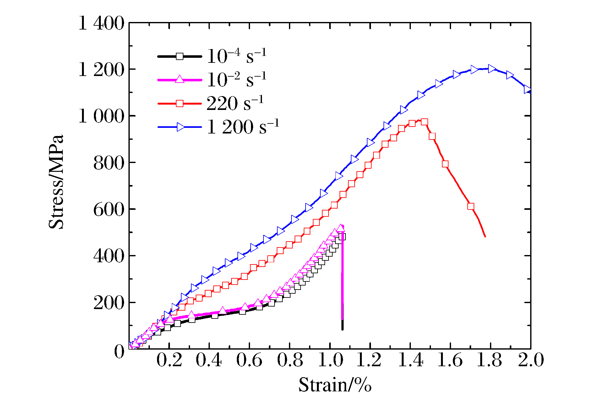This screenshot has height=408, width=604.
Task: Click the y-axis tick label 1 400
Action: click(x=101, y=23)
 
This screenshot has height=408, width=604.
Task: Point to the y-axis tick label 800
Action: click(x=109, y=163)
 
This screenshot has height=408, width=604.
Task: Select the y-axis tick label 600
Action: click(x=109, y=209)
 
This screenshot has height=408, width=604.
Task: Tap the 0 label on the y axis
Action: click(x=119, y=351)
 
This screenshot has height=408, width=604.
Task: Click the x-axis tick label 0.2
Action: click(x=169, y=360)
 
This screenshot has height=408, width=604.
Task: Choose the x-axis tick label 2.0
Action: click(x=531, y=360)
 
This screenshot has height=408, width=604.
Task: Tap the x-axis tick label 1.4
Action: click(x=411, y=360)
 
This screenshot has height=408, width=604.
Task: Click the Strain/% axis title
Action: click(x=335, y=385)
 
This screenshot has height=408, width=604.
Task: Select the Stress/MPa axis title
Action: click(x=57, y=182)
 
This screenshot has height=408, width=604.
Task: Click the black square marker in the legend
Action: click(x=179, y=56)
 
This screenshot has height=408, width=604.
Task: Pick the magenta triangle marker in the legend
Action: click(x=179, y=79)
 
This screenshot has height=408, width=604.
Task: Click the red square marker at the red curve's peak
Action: click(x=424, y=122)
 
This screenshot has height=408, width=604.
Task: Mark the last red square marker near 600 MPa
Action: click(x=471, y=206)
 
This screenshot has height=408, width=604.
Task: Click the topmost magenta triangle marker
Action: click(x=340, y=228)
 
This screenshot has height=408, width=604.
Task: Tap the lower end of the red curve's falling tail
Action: click(x=485, y=237)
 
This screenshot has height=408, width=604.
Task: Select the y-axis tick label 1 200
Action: click(x=101, y=70)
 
